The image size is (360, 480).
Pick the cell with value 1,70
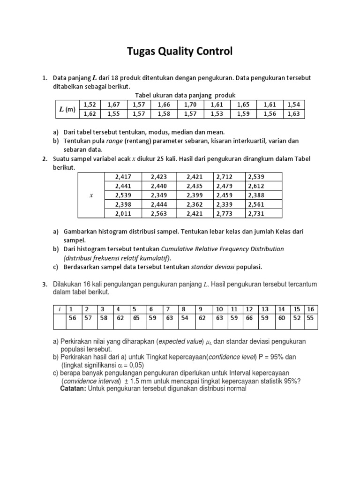190,105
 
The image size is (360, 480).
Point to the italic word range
114,141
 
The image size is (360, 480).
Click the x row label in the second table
90,195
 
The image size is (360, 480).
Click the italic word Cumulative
181,249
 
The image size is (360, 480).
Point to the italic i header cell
60,309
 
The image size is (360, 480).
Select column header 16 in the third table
311,309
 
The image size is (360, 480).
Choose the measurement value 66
249,318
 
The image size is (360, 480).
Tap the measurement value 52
297,318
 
